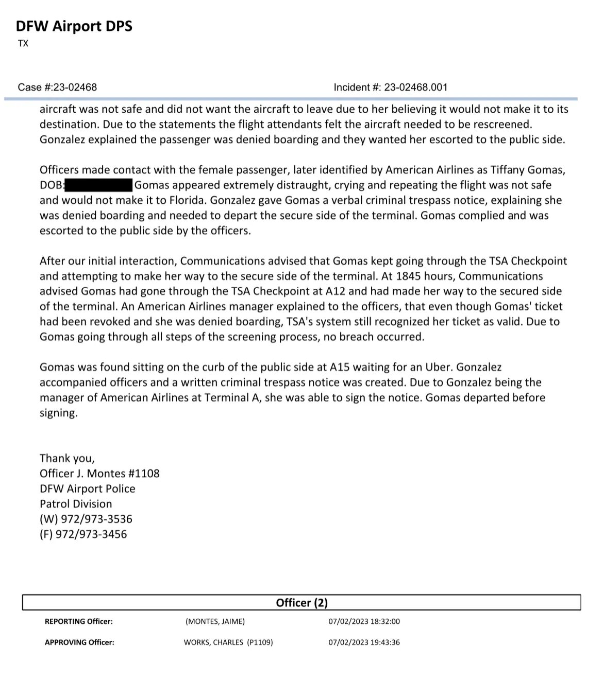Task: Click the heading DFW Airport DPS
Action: click(x=74, y=26)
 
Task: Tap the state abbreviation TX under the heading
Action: click(x=23, y=44)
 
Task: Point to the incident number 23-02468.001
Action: click(x=415, y=87)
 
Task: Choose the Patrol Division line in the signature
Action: click(x=76, y=504)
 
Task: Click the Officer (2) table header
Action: click(x=301, y=603)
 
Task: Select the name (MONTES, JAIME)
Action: click(x=215, y=622)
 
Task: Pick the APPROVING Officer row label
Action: click(x=79, y=642)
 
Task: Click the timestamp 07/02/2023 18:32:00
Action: click(x=364, y=622)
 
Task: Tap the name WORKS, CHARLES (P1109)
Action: click(x=228, y=642)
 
